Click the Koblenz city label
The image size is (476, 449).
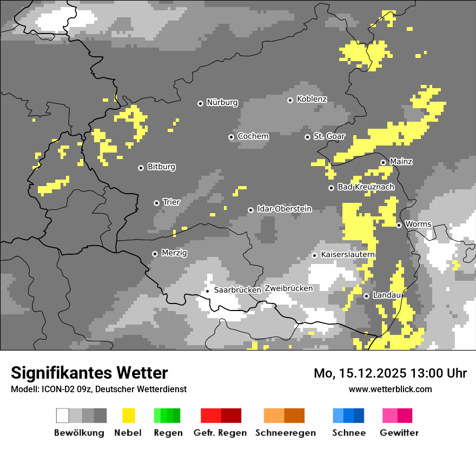312,100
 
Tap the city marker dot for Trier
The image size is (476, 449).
156,203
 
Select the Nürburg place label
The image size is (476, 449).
222,103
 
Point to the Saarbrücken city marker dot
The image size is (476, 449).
207,291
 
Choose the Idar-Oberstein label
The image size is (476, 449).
284,209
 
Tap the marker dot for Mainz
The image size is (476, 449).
383,162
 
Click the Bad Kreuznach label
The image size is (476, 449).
366,187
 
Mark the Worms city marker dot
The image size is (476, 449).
399,225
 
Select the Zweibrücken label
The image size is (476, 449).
288,288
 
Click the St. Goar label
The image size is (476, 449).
329,136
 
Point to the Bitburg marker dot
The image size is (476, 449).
141,168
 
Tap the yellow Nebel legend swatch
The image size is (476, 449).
128,415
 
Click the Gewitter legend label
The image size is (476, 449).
399,433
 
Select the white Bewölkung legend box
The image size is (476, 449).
63,415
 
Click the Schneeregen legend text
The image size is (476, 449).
285,433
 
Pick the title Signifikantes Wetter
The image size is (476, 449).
89,373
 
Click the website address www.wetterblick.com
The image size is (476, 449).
390,389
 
